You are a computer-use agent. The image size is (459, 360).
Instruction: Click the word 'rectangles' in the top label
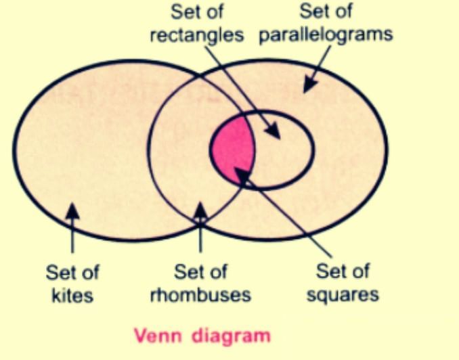[196, 35]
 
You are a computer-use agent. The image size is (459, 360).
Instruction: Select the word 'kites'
[72, 296]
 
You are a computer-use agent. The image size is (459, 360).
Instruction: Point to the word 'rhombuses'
[202, 296]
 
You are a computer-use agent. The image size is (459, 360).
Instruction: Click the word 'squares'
[343, 296]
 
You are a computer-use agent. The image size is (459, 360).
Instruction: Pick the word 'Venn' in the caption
[155, 335]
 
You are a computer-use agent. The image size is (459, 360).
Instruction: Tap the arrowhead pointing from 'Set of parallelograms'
[309, 86]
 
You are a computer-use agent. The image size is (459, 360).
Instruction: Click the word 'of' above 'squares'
[359, 273]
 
